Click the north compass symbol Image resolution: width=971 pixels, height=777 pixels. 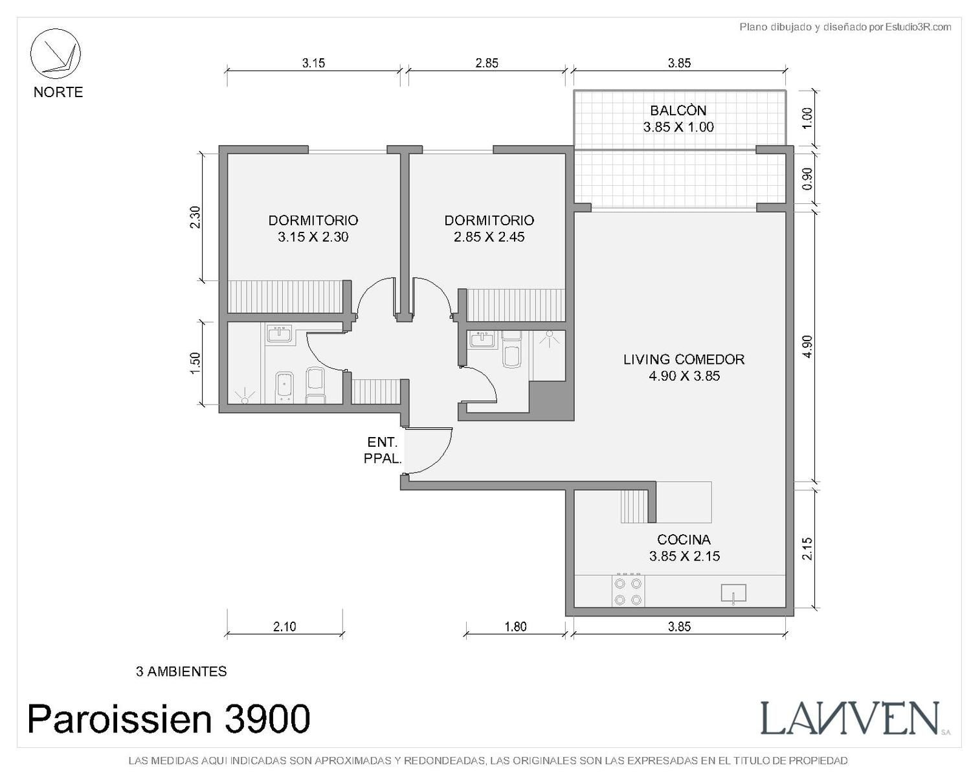pyautogui.click(x=56, y=54)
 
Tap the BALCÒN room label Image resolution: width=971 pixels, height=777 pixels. pyautogui.click(x=678, y=110)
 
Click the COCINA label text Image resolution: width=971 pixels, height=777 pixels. pyautogui.click(x=684, y=539)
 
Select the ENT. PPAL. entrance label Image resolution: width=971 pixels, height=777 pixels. pyautogui.click(x=383, y=450)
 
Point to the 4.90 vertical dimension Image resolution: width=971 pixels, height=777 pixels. pyautogui.click(x=808, y=347)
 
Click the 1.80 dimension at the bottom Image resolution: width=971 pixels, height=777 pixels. pyautogui.click(x=515, y=627)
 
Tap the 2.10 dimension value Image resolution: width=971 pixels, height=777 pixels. pyautogui.click(x=284, y=627)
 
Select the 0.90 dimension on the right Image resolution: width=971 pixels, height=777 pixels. pyautogui.click(x=808, y=179)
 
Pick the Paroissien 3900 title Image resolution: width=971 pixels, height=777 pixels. pyautogui.click(x=169, y=719)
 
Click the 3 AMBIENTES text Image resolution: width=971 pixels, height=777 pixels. pyautogui.click(x=181, y=672)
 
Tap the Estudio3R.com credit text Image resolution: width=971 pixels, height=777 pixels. pyautogui.click(x=845, y=27)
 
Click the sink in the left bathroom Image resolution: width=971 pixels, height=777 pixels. pyautogui.click(x=280, y=335)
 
